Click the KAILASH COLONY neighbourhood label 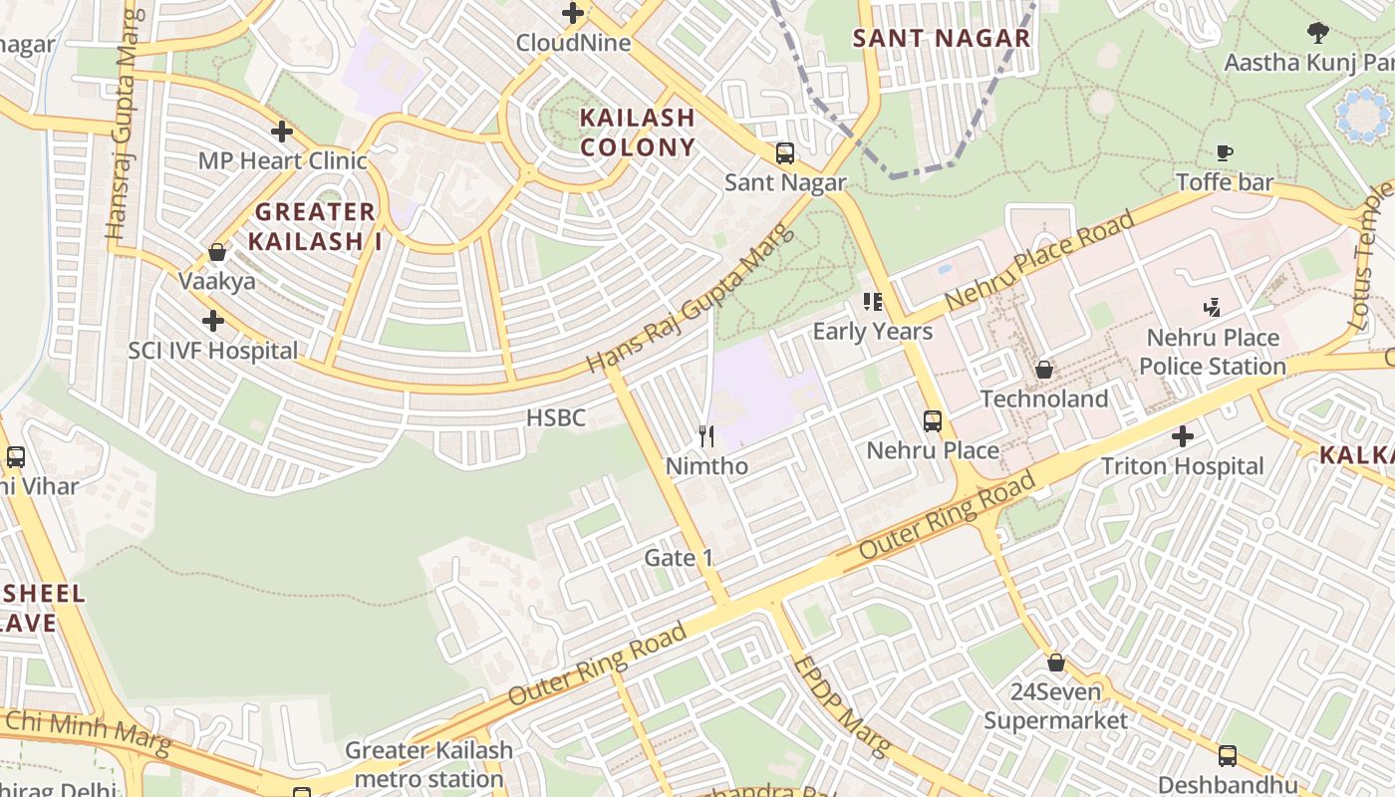[x=638, y=133]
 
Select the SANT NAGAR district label [x=942, y=39]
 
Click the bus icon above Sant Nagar [x=785, y=153]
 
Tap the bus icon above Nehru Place [x=933, y=421]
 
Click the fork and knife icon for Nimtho [x=706, y=436]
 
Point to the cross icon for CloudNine [x=573, y=14]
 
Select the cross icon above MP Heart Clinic [x=282, y=132]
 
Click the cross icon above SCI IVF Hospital [x=212, y=321]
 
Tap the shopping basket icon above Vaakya [x=217, y=252]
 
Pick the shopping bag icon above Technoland [x=1043, y=370]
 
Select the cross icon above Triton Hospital [x=1182, y=436]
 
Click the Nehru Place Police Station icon [x=1212, y=308]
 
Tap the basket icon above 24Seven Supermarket [x=1055, y=663]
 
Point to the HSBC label [x=556, y=417]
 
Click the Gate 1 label [x=679, y=558]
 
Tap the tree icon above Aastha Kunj [x=1318, y=33]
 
